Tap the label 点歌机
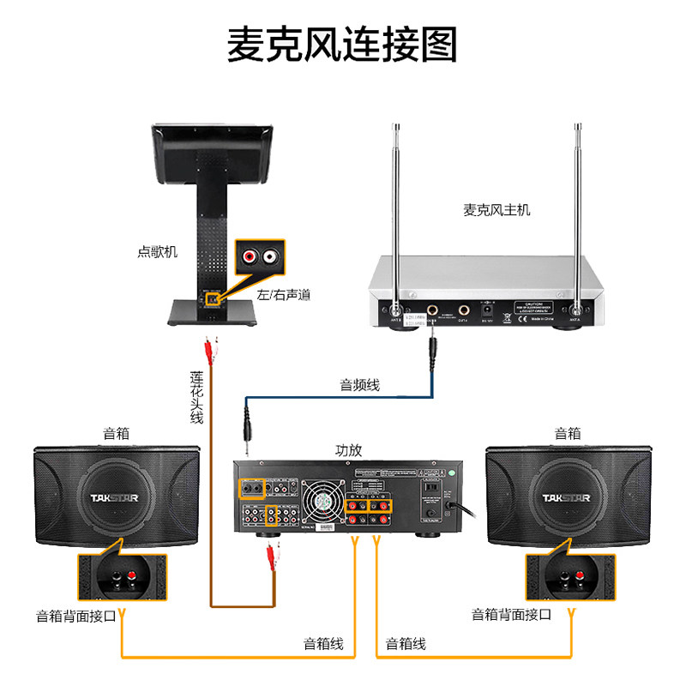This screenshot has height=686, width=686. click(157, 251)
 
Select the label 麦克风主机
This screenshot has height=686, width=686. click(496, 209)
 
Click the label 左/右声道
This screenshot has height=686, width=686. click(283, 294)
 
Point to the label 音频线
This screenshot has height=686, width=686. click(360, 385)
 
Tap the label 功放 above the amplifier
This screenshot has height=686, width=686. click(348, 449)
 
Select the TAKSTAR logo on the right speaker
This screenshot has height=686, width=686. click(566, 497)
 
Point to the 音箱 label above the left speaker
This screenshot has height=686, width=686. click(116, 433)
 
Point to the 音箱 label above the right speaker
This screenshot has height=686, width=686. click(568, 433)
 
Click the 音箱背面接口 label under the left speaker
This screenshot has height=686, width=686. click(76, 615)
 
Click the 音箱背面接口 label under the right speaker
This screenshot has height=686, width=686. click(512, 615)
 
